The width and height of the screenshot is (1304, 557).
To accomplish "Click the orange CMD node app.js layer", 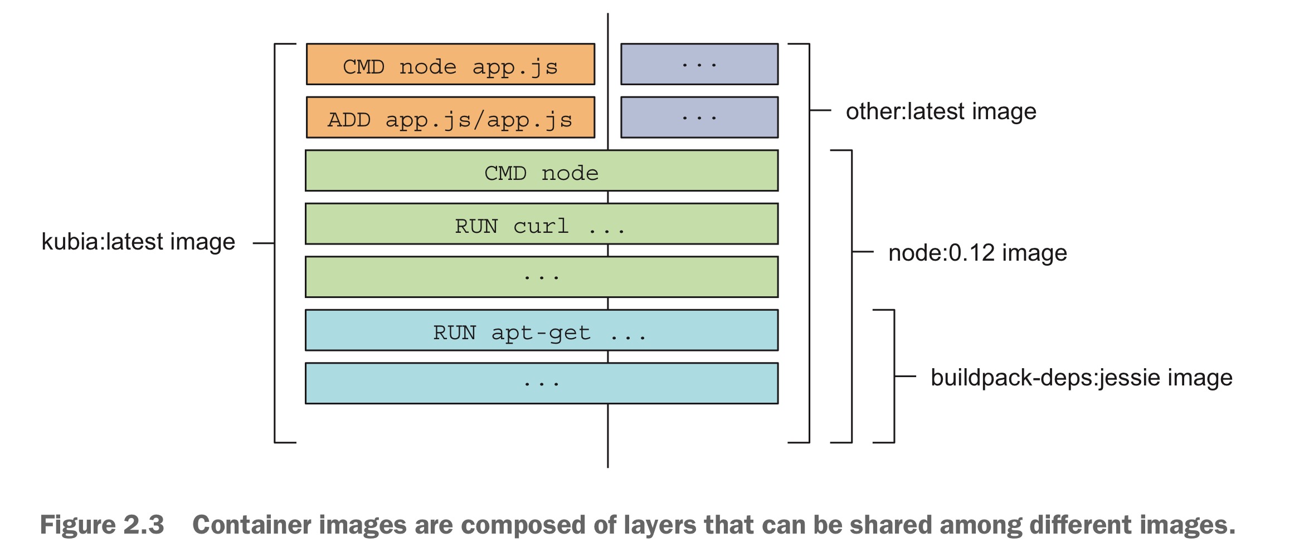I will [x=450, y=65].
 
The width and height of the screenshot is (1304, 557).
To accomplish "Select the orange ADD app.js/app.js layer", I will [x=450, y=118].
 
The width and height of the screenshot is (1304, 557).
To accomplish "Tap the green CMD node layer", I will [x=541, y=171].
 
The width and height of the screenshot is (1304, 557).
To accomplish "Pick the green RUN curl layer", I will [x=541, y=224].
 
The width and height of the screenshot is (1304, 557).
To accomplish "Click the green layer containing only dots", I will [x=541, y=277].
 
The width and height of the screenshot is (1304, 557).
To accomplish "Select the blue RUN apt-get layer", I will [x=541, y=330].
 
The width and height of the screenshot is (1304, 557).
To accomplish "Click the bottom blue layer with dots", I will [x=541, y=383].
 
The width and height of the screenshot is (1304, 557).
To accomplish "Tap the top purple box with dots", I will [x=699, y=65].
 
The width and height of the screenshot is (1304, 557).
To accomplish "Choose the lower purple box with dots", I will [x=699, y=118].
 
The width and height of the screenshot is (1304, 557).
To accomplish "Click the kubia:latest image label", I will [x=138, y=242].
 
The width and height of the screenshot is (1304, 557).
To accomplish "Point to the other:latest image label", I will [x=941, y=111].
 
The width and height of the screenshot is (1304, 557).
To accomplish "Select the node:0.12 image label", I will [x=977, y=253].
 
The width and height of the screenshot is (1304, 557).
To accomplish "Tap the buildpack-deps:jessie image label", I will [x=1081, y=378].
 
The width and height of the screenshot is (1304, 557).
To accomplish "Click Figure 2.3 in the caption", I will [x=102, y=525].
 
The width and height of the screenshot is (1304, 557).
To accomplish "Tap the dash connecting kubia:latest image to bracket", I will [x=264, y=243].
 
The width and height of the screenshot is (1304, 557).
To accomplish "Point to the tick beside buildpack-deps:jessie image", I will [x=906, y=377].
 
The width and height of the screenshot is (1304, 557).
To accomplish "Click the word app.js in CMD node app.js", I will [x=515, y=67].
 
